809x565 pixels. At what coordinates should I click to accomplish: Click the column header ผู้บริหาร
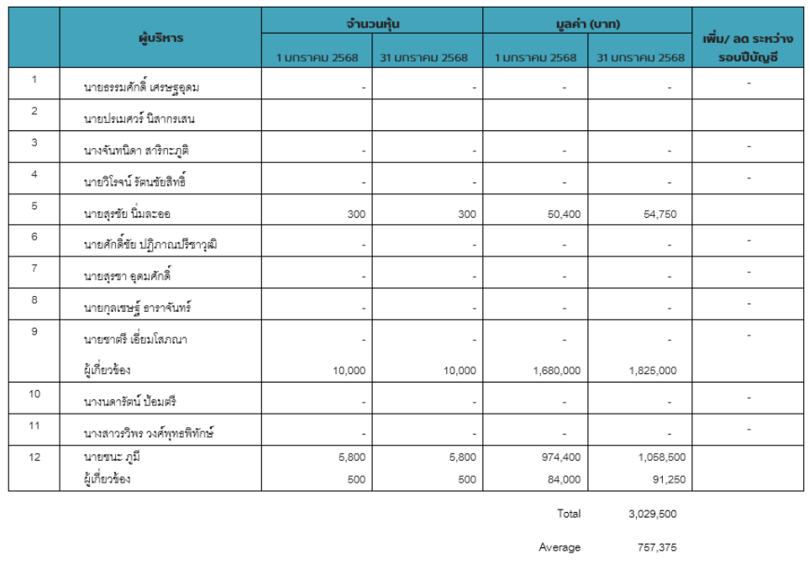[160, 38]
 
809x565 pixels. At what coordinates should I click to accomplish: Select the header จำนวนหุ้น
[371, 24]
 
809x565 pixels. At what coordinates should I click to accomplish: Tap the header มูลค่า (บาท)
[586, 24]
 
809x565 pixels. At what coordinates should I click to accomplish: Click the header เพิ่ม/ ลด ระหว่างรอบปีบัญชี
[749, 49]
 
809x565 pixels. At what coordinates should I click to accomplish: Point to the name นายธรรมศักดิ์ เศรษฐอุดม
[141, 87]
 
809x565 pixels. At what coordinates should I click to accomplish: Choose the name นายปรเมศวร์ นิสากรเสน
[139, 119]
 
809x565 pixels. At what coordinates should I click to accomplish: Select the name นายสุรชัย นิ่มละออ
[133, 214]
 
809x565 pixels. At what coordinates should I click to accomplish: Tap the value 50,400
[563, 214]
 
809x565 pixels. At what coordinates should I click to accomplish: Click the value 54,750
[659, 214]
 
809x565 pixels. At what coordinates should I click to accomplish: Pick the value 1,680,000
[556, 371]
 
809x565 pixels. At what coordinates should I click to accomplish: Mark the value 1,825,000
[652, 371]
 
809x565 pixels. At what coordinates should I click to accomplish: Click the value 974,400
[563, 457]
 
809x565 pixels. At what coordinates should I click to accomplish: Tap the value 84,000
[563, 479]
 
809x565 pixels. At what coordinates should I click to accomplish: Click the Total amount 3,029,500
[652, 514]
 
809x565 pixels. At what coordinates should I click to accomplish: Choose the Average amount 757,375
[656, 547]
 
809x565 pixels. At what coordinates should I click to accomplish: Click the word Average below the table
[559, 547]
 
